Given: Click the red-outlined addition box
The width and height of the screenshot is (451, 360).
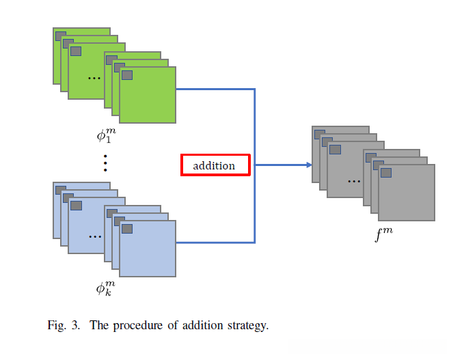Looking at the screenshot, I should coord(215,165).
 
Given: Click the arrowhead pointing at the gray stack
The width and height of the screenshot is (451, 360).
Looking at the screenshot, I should coord(308,165).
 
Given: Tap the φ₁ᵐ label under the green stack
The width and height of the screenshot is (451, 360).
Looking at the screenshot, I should coord(106,134).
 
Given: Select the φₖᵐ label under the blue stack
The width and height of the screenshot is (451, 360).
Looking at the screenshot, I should coord(106,288).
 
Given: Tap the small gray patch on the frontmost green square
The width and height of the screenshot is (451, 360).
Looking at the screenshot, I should coord(127,74).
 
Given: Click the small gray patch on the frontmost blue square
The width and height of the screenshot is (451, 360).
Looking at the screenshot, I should coord(127,228).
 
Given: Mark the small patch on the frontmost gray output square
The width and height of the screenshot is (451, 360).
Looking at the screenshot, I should coord(386,172).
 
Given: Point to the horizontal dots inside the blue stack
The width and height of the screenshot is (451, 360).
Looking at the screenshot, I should coord(94,236).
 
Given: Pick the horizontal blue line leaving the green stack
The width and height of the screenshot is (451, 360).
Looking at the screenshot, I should coord(215,89).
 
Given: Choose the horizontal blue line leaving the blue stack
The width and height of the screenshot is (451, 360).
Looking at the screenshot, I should coord(215,243).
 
